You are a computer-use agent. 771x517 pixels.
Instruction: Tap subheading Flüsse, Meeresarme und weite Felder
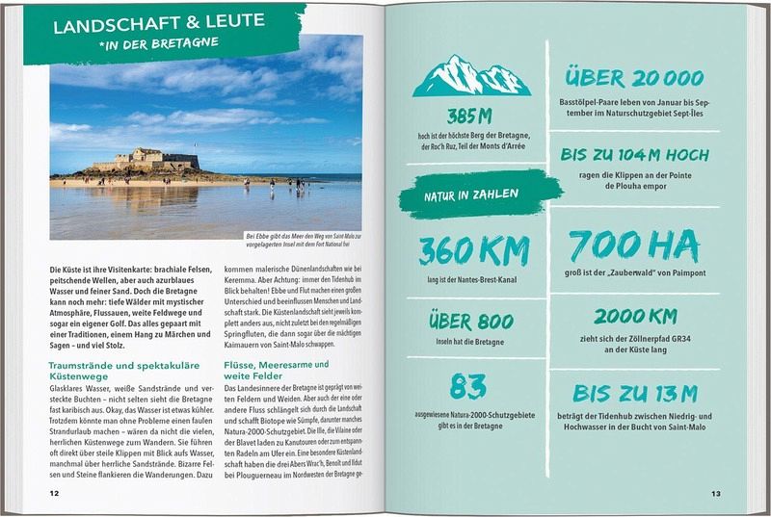point(276,373)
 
